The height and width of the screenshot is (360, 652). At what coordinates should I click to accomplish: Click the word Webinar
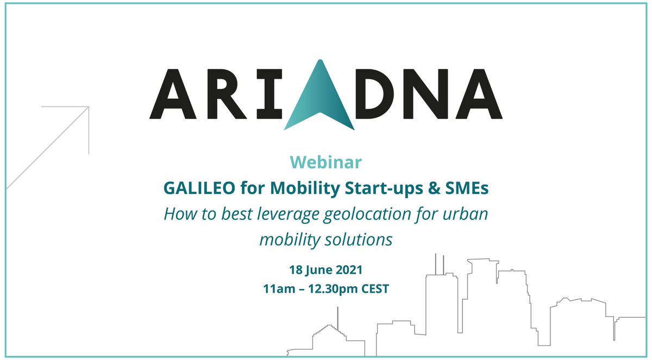pyautogui.click(x=325, y=162)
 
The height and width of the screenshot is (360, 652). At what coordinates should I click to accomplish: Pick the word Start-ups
pyautogui.click(x=371, y=188)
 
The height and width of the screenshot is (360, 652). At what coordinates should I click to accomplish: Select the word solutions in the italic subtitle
pyautogui.click(x=359, y=239)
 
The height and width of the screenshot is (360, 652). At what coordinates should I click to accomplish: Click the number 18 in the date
pyautogui.click(x=295, y=269)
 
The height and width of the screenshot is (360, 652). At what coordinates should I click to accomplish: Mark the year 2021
pyautogui.click(x=348, y=269)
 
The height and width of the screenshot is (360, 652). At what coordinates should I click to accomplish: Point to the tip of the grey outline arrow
pyautogui.click(x=88, y=106)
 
